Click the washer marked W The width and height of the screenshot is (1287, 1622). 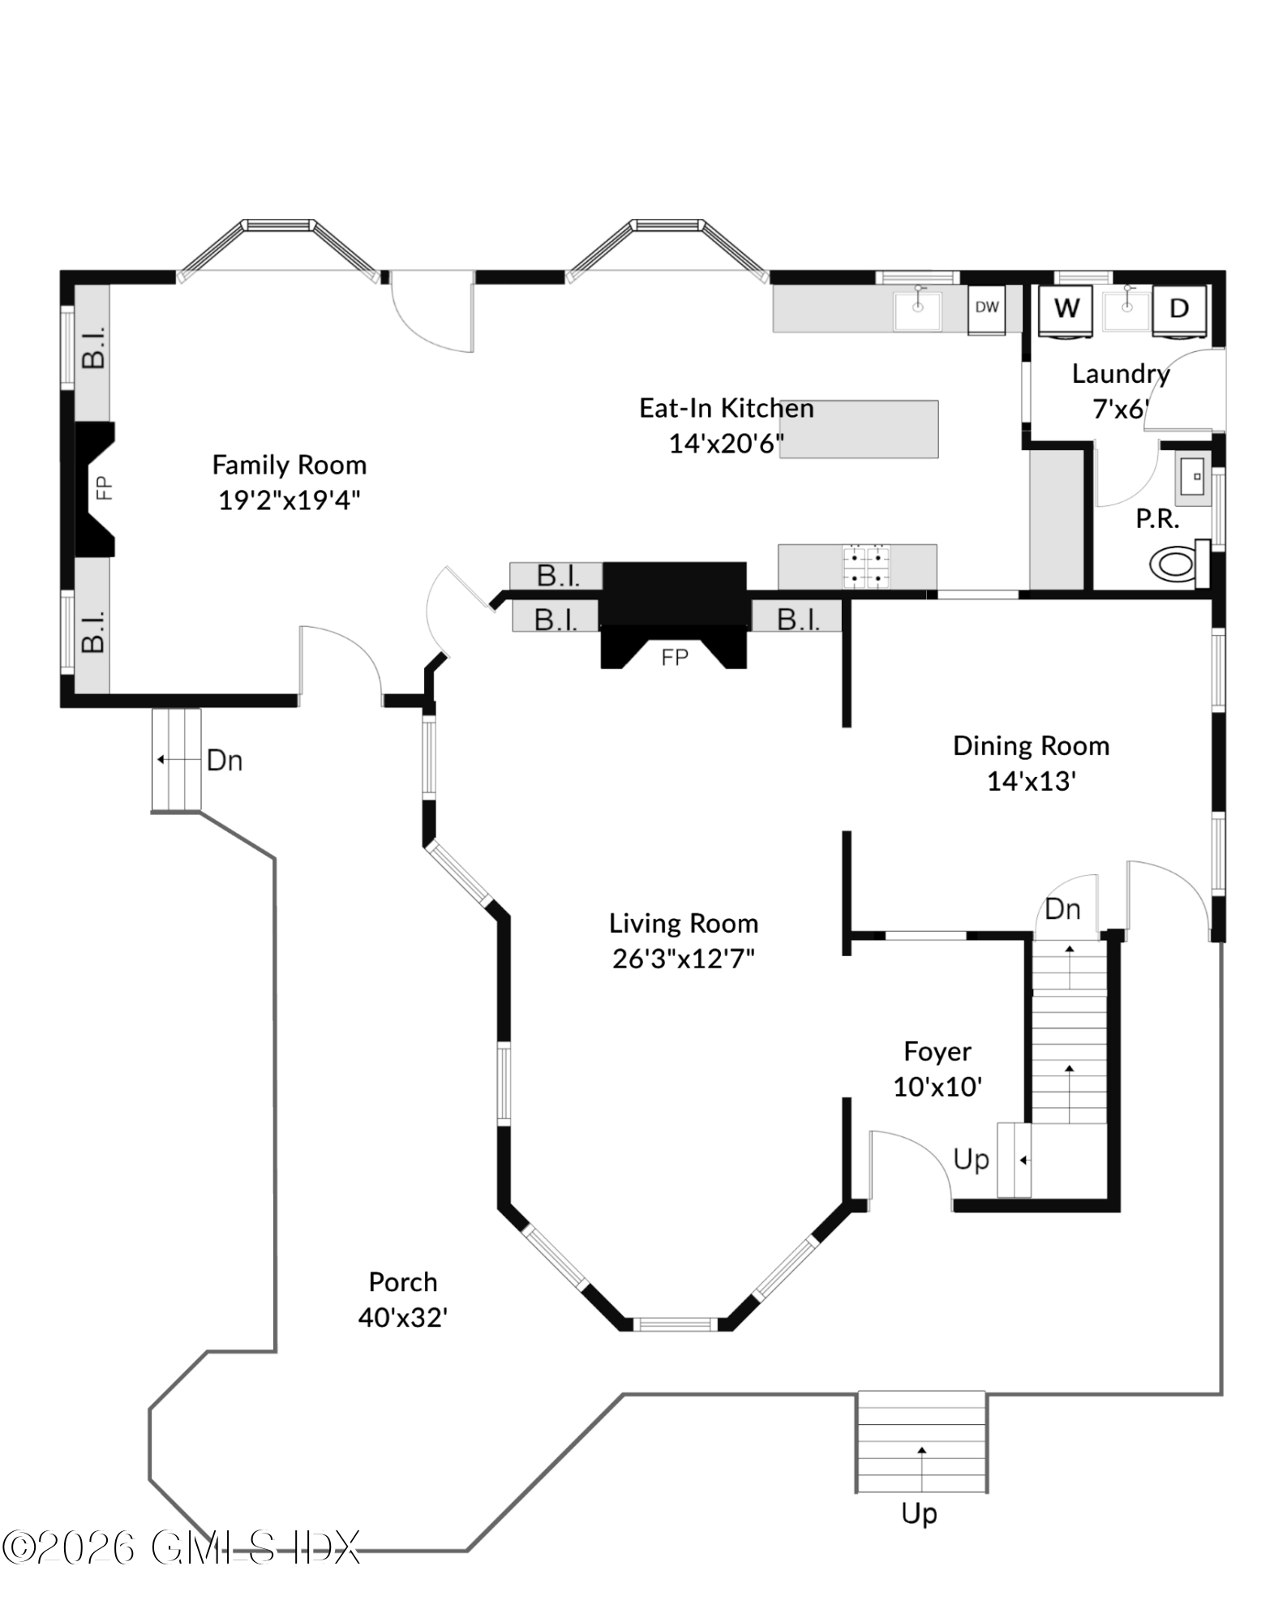(x=1066, y=309)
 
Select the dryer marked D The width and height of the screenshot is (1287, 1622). (x=1179, y=309)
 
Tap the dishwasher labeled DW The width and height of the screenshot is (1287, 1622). (x=986, y=307)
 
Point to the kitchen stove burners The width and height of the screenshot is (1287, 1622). (x=867, y=567)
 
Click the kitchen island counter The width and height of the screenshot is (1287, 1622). (x=860, y=429)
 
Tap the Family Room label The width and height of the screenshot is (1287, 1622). (x=289, y=466)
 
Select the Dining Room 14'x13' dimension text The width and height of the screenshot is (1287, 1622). (x=1031, y=781)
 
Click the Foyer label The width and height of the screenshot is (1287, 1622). (x=937, y=1052)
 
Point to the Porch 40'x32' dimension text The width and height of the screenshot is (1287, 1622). (x=403, y=1318)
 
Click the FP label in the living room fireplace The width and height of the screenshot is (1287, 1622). (x=674, y=657)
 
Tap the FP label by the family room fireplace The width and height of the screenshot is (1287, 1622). (x=104, y=487)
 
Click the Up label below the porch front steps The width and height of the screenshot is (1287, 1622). (x=919, y=1513)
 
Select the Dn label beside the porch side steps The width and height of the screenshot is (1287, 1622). (x=225, y=761)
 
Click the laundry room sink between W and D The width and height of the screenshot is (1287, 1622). (x=1126, y=309)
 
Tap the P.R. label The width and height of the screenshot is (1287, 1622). (x=1157, y=519)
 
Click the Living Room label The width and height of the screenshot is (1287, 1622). (x=683, y=924)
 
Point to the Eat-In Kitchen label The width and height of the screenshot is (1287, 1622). (x=726, y=408)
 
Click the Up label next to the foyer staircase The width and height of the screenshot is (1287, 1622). (x=971, y=1160)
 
